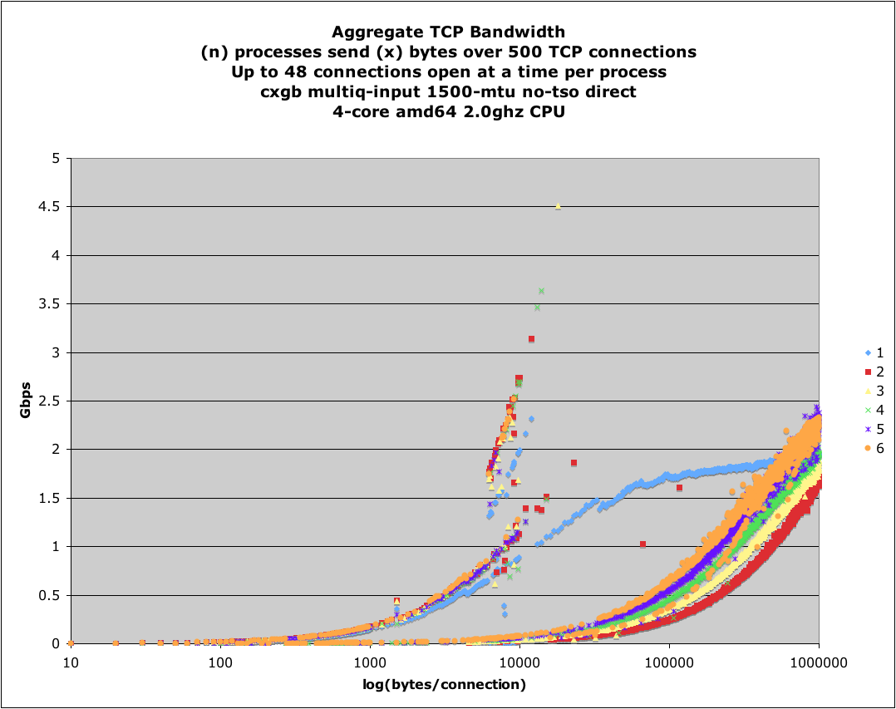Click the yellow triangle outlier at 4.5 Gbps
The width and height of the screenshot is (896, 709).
[x=558, y=206]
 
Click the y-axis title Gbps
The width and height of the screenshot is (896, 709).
[x=27, y=401]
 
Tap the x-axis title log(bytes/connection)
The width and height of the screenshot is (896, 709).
[x=445, y=685]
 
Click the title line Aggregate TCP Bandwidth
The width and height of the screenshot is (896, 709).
[x=448, y=32]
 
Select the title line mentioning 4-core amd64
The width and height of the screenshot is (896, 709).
[x=448, y=111]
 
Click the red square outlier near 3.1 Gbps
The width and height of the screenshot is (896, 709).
[x=531, y=339]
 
